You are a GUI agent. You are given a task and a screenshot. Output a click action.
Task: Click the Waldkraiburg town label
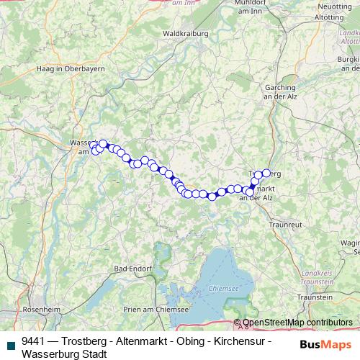click(184, 33)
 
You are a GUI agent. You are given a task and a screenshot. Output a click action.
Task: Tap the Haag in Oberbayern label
click(69, 68)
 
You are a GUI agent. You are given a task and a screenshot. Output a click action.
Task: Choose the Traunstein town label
click(315, 297)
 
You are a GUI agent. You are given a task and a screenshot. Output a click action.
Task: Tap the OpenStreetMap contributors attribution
click(298, 323)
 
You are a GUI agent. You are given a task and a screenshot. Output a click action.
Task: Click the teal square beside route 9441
click(10, 341)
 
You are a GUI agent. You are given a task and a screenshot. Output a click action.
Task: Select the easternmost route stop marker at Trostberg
click(266, 173)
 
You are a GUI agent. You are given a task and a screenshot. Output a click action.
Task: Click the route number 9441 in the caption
click(35, 341)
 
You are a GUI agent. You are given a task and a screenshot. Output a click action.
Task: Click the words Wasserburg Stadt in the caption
click(64, 354)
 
